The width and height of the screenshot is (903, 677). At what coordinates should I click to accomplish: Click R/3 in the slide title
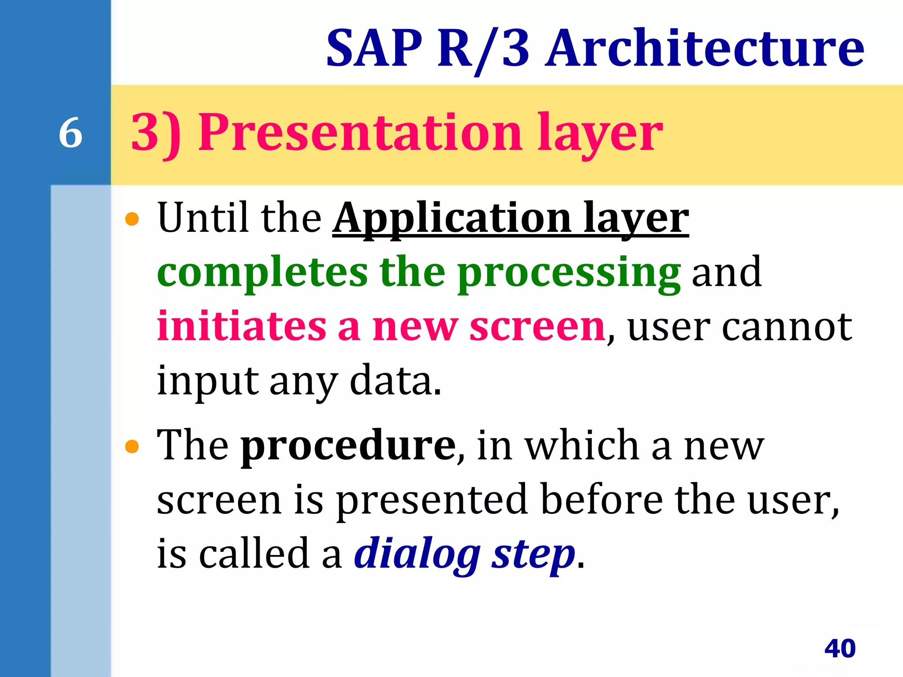[483, 48]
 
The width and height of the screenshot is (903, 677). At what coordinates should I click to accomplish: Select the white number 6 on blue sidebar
[71, 133]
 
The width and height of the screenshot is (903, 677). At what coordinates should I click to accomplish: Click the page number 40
[840, 648]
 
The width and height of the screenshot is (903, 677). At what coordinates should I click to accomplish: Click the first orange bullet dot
[132, 219]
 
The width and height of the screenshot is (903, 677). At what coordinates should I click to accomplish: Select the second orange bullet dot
[132, 447]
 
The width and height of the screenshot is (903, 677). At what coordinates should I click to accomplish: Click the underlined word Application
[452, 218]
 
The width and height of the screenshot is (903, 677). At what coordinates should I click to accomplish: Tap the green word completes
[262, 272]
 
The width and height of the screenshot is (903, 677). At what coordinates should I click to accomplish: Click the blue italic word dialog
[417, 554]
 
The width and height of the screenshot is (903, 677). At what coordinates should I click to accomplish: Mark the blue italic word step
[534, 554]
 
